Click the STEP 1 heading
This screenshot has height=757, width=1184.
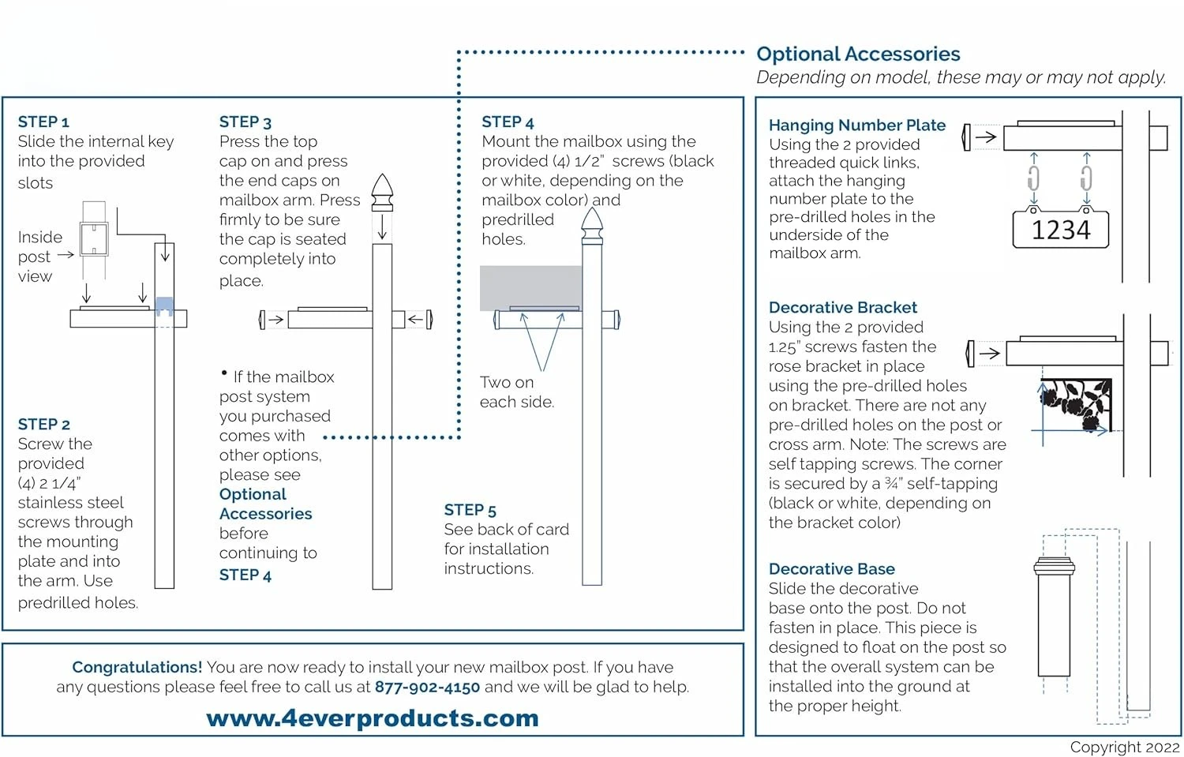coord(43,122)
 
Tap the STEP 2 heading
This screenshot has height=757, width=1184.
coord(43,424)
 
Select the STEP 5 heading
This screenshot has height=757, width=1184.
coord(470,510)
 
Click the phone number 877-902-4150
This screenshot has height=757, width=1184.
coord(427,687)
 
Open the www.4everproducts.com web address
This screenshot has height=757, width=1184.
coord(372,718)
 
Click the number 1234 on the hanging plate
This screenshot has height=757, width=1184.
coord(1061,230)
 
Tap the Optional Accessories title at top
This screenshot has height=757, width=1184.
coord(858,54)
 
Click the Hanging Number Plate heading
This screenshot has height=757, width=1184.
coord(856,125)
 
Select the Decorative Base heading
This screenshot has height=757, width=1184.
coord(831,568)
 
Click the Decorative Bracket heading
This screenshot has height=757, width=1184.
coord(842,307)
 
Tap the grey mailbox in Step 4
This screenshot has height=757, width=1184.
coord(530,287)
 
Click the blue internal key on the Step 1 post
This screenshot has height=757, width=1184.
coord(164,305)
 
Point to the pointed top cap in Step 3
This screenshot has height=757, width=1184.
coord(382,193)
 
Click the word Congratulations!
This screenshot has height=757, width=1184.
coord(137,667)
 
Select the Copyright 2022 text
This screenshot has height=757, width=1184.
coord(1124,747)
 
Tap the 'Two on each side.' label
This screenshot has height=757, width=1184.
coord(516,392)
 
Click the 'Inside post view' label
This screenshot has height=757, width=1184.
coord(39,257)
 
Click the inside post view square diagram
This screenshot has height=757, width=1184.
coord(94,239)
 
